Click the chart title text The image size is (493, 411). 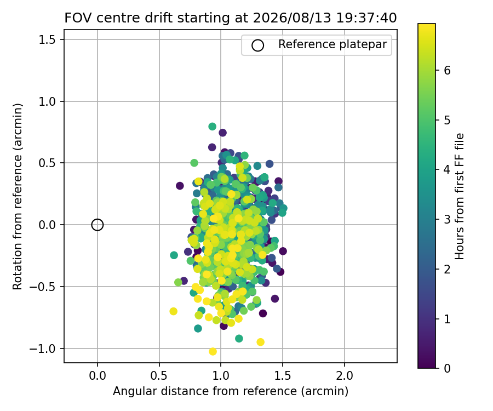231,18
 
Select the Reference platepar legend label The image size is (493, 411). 333,44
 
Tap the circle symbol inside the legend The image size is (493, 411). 257,45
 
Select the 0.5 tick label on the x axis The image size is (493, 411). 159,375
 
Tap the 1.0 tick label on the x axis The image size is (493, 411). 221,375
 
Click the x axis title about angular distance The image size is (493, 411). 231,391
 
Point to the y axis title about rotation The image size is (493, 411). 18,197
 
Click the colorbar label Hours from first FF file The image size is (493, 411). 460,196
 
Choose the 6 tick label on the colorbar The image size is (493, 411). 447,71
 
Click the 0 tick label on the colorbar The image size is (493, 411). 447,368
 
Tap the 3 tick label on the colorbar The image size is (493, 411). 447,220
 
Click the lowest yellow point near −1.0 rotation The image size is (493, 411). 213,352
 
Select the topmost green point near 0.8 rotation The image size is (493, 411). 212,127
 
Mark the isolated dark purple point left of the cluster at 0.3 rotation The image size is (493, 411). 180,186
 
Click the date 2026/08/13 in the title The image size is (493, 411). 292,18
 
